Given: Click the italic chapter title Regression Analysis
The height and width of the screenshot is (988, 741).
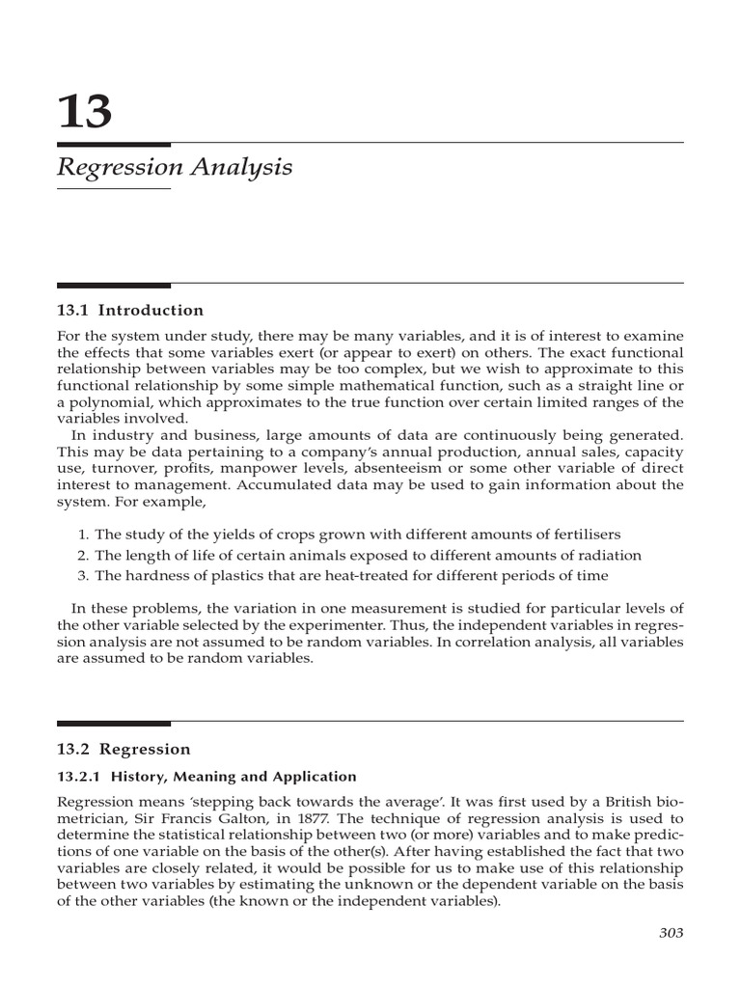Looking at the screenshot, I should pyautogui.click(x=175, y=167).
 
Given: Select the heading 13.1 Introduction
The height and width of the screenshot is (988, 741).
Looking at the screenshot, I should pyautogui.click(x=130, y=311).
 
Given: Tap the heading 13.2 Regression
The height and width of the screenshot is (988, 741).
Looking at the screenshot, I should pyautogui.click(x=123, y=749).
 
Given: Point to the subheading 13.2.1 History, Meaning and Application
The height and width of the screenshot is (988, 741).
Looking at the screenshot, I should pyautogui.click(x=206, y=777).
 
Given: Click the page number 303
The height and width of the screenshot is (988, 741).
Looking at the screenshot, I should pyautogui.click(x=671, y=932).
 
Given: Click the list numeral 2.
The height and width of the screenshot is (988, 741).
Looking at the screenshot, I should pyautogui.click(x=83, y=556).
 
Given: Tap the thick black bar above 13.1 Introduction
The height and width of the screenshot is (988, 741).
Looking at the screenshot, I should pyautogui.click(x=114, y=286).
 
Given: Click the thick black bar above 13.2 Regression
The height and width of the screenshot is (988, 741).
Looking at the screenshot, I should pyautogui.click(x=114, y=724).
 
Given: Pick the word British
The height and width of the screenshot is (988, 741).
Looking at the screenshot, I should pyautogui.click(x=629, y=802).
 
